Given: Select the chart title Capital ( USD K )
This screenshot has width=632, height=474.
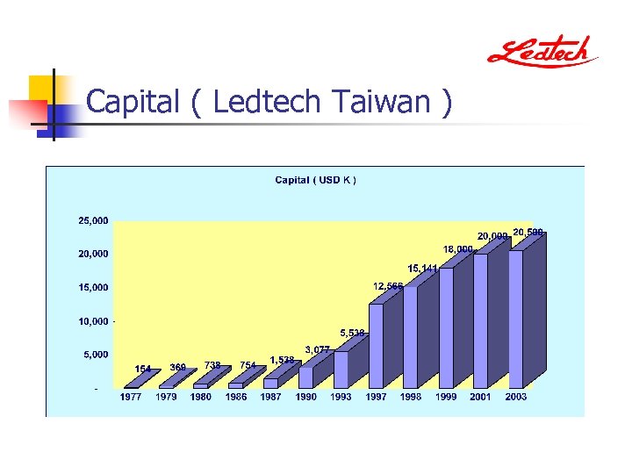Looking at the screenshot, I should (x=316, y=180).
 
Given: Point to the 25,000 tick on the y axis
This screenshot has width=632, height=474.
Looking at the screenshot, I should (x=94, y=221).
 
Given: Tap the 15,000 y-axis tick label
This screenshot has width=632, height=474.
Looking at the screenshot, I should (x=94, y=287).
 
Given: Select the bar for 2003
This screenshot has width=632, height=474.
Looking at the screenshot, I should (x=516, y=320).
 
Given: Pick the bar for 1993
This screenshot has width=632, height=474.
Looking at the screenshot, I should (x=341, y=370).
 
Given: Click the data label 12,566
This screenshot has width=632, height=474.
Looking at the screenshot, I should (x=388, y=286).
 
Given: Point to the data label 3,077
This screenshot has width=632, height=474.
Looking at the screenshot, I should (x=317, y=349).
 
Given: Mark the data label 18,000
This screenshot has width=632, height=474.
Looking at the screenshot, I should (x=458, y=249).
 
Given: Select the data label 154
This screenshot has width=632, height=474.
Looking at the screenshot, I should (x=143, y=369).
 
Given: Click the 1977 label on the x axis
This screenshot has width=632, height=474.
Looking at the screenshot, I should (x=131, y=397).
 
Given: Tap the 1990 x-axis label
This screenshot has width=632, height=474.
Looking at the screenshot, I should (x=306, y=397).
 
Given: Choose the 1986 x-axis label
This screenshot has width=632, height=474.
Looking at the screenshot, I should (x=236, y=397).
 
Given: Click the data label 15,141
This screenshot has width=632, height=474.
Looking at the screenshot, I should (x=422, y=268).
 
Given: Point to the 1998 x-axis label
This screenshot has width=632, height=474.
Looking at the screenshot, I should (x=411, y=397).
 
